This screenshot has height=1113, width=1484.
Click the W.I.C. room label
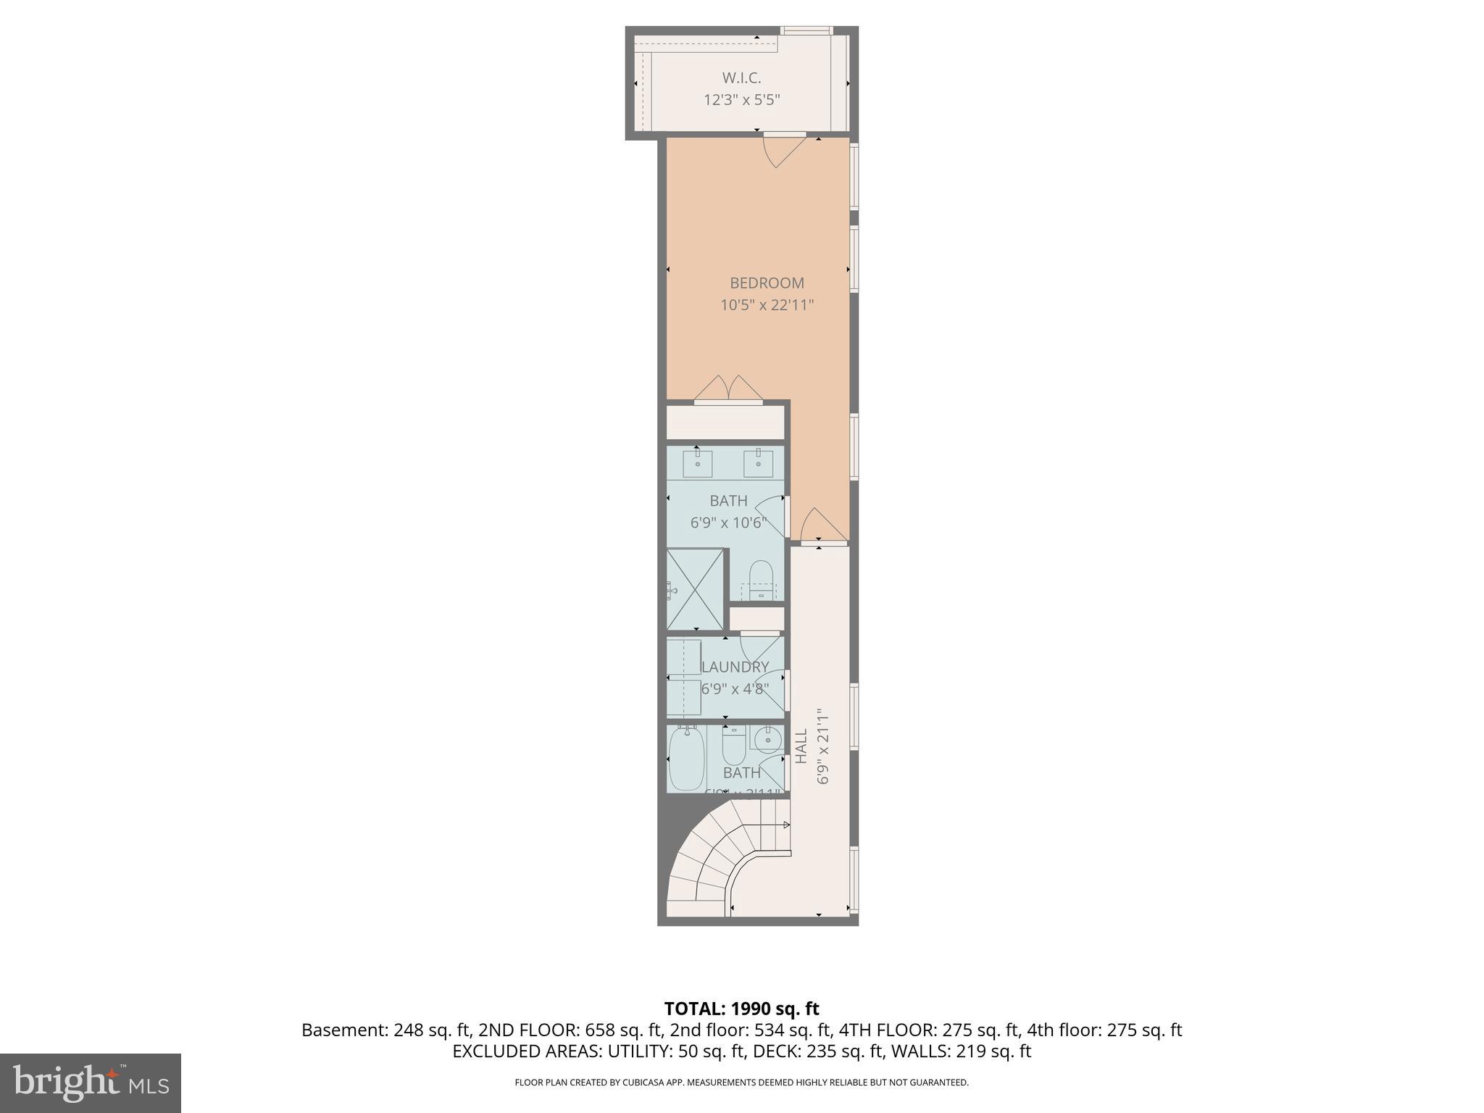tap(741, 78)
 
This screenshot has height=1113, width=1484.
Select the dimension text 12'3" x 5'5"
tap(741, 100)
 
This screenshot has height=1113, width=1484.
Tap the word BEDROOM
tap(767, 283)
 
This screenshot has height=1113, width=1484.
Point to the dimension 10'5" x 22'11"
tap(767, 305)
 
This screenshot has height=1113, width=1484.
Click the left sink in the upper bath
tap(697, 463)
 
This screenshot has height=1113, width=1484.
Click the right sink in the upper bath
tap(758, 463)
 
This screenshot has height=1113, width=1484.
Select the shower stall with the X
tap(695, 589)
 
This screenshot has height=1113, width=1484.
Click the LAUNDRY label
tap(735, 667)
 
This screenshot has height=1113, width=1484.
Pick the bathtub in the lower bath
tap(686, 759)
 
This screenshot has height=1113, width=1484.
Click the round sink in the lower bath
tap(767, 740)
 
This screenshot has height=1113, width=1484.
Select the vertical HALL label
tap(801, 746)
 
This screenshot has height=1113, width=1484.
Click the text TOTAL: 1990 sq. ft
tap(741, 1009)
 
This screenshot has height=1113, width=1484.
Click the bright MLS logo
tap(91, 1083)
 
